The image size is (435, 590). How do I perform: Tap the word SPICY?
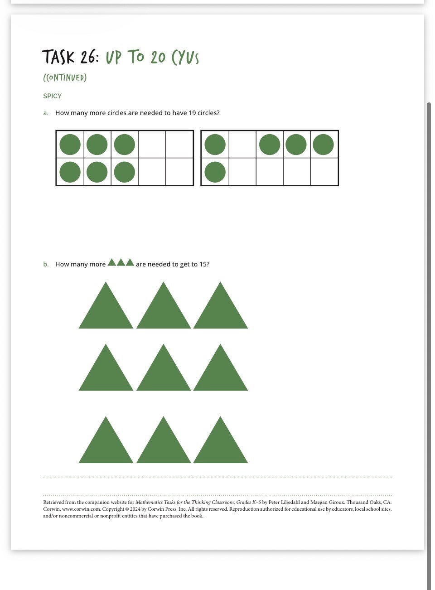click(x=53, y=96)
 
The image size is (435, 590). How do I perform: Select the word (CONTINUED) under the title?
click(x=65, y=77)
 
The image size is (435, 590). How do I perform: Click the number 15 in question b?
click(x=203, y=264)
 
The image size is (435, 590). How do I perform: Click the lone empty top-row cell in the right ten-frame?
click(x=242, y=145)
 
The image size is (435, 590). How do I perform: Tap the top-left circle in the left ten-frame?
click(x=70, y=145)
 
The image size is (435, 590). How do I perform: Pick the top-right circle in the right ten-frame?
click(x=323, y=145)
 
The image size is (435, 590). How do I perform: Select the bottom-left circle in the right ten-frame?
click(x=215, y=172)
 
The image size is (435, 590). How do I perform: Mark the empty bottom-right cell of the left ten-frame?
click(x=179, y=172)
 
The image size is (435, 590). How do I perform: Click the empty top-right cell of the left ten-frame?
click(x=179, y=145)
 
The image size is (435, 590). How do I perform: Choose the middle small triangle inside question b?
click(x=121, y=262)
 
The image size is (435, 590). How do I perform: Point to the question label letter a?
click(x=46, y=113)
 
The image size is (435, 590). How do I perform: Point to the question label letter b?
click(x=46, y=264)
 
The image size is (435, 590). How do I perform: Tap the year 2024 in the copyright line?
click(x=135, y=509)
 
